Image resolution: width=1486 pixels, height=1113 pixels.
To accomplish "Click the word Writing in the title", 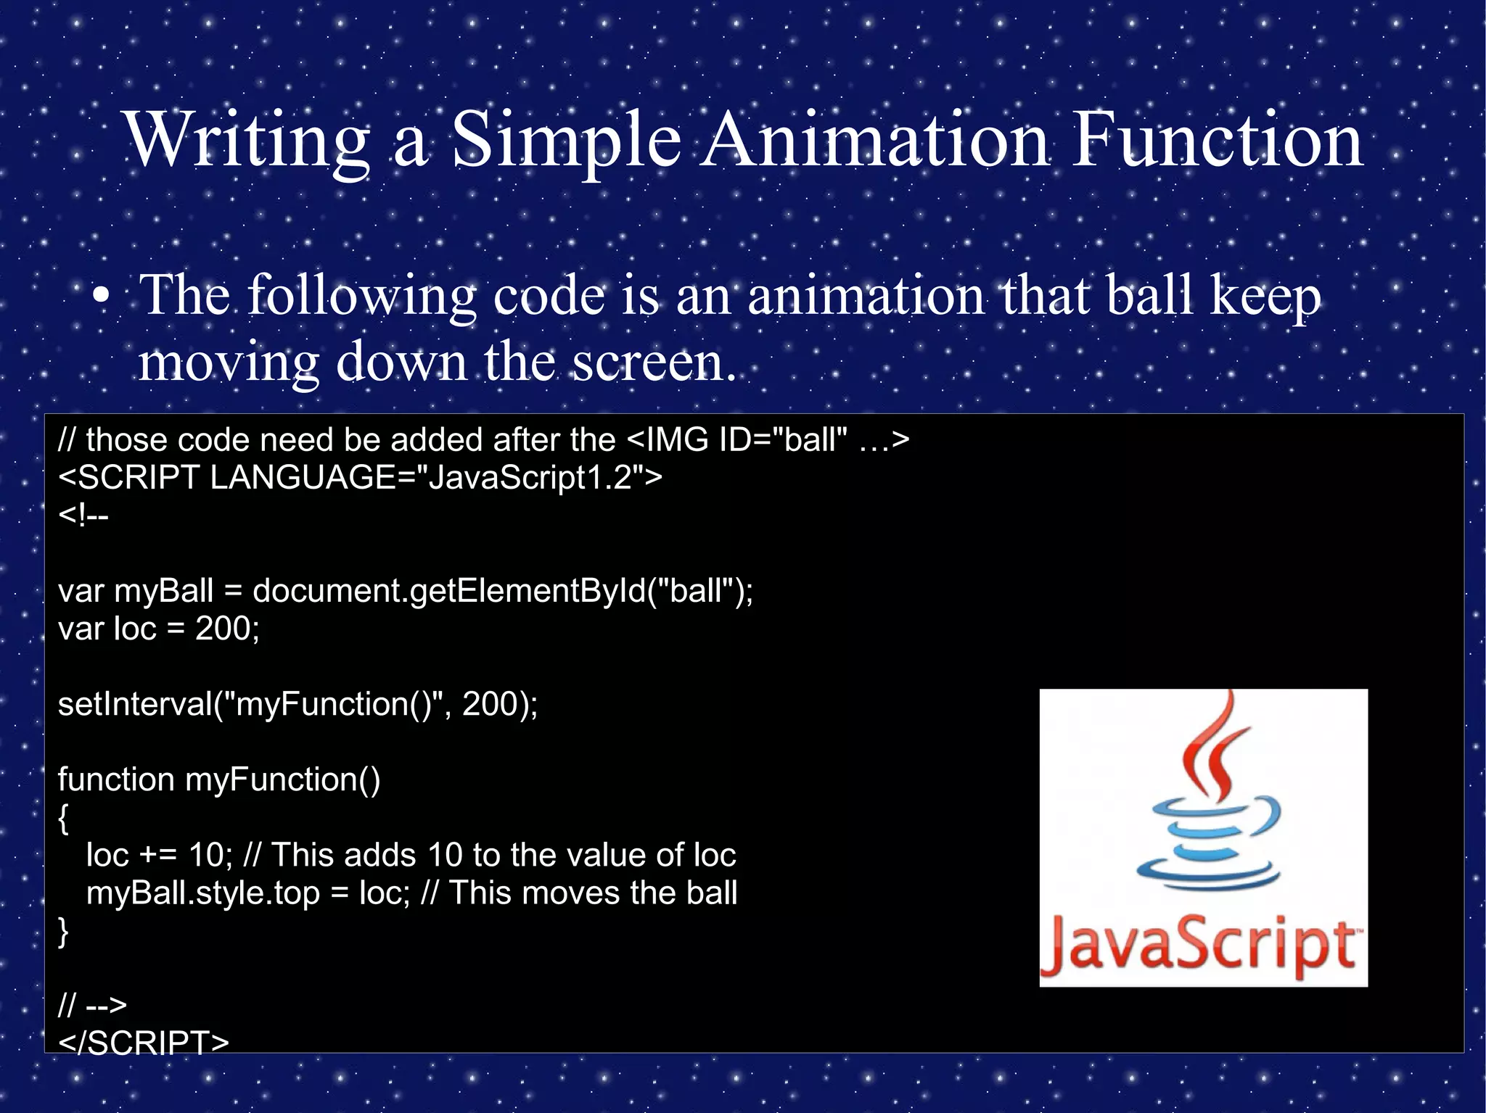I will coord(247,141).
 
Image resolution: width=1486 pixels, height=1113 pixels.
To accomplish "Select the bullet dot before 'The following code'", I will coord(102,297).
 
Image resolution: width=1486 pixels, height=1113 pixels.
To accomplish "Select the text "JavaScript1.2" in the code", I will coord(528,478).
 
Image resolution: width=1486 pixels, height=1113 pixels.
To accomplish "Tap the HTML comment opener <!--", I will coord(83,516).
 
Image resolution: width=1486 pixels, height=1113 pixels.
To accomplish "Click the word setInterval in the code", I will coord(135,704).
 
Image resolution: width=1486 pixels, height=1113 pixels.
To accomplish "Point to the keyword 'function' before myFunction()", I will coord(116,780).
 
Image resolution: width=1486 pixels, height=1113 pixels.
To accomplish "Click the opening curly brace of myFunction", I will coord(64,819).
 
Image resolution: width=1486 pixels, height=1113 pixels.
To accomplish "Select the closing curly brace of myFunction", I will coord(64,932).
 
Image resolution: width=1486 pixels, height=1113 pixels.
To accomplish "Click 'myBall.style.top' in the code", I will coord(203,893).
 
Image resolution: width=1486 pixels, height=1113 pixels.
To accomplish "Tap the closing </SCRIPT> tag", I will coord(144,1043).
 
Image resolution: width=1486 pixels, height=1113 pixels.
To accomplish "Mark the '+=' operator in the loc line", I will coord(158,856).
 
